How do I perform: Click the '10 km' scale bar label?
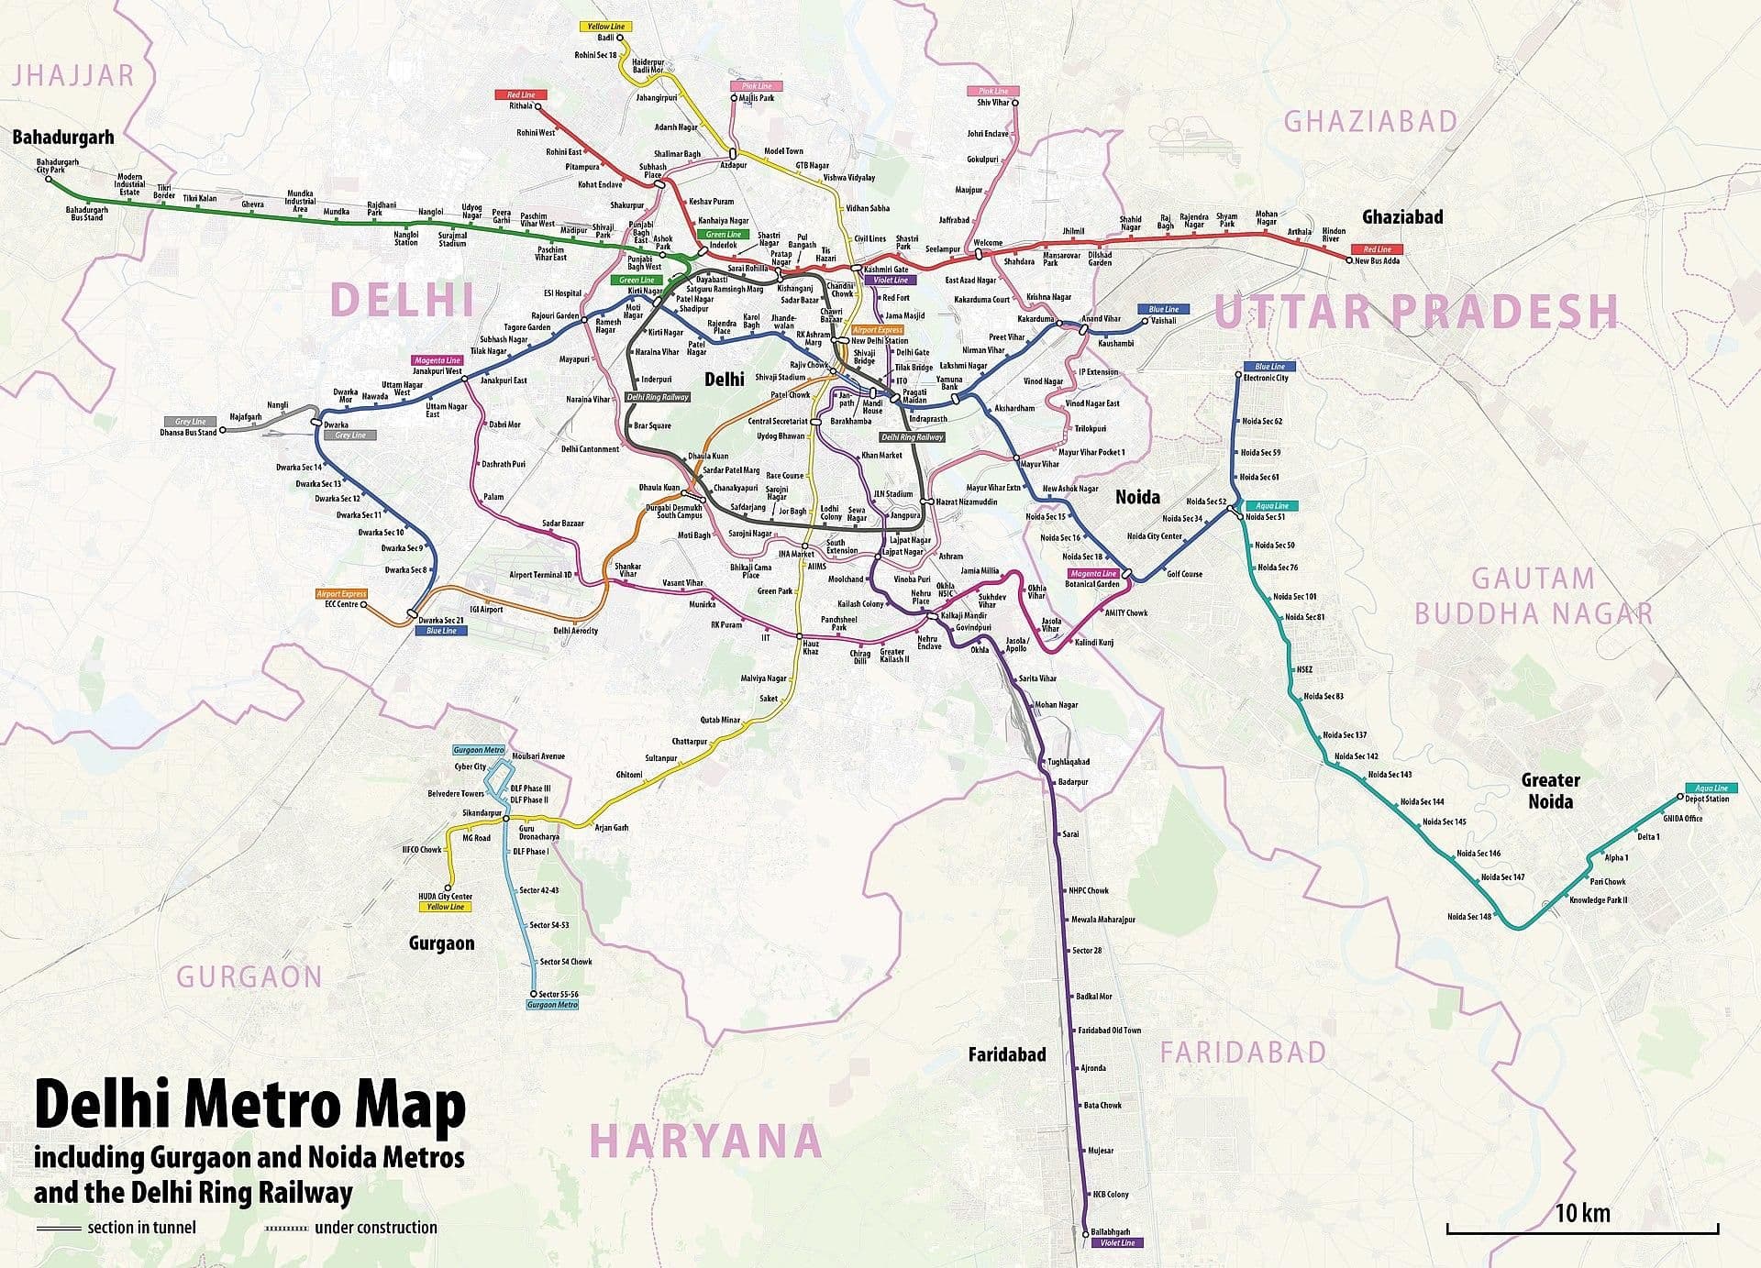pyautogui.click(x=1582, y=1213)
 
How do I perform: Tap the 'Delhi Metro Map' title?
pyautogui.click(x=249, y=1106)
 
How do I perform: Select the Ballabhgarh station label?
pyautogui.click(x=1111, y=1231)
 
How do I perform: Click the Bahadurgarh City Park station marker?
pyautogui.click(x=49, y=179)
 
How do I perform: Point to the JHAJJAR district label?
pyautogui.click(x=73, y=75)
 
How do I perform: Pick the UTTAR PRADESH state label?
pyautogui.click(x=1416, y=312)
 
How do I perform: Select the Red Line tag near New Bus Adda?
pyautogui.click(x=1377, y=249)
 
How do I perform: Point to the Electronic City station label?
pyautogui.click(x=1266, y=378)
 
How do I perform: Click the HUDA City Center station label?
pyautogui.click(x=445, y=897)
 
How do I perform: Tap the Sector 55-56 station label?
pyautogui.click(x=559, y=994)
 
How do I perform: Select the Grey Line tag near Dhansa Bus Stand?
pyautogui.click(x=190, y=422)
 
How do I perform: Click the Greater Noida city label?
pyautogui.click(x=1550, y=790)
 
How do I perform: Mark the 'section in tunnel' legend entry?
pyautogui.click(x=141, y=1228)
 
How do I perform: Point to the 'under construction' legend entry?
pyautogui.click(x=375, y=1228)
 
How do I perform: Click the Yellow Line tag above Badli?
pyautogui.click(x=605, y=27)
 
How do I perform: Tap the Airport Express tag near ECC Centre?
pyautogui.click(x=341, y=594)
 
